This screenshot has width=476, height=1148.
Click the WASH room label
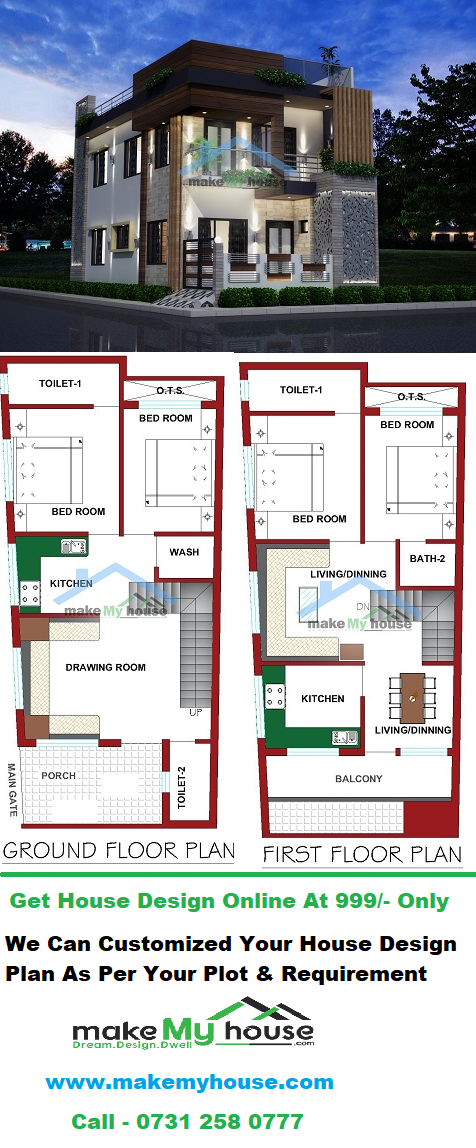[x=184, y=551]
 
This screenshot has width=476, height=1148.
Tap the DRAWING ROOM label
[x=105, y=667]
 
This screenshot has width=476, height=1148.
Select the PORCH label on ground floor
[x=59, y=775]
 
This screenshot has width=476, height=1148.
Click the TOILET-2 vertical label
[x=182, y=788]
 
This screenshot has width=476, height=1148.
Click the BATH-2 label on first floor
[x=423, y=559]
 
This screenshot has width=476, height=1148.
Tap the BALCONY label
[x=359, y=778]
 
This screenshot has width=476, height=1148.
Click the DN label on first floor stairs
[x=362, y=607]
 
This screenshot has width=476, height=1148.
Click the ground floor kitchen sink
[x=74, y=545]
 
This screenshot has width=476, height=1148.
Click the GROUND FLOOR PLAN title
[x=119, y=851]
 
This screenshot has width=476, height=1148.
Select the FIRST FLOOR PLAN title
[x=362, y=854]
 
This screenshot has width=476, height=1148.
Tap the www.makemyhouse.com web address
[x=190, y=1081]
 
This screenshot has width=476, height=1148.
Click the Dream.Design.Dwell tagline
[x=133, y=1045]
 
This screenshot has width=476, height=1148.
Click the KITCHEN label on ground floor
[x=71, y=584]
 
